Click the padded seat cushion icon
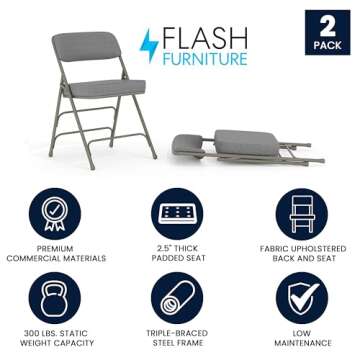pos(179,213)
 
